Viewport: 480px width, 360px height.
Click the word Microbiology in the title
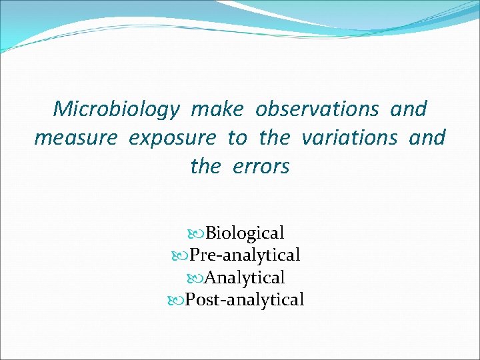[115, 109]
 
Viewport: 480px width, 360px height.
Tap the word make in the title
[217, 109]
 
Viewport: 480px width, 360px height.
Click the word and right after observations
[409, 109]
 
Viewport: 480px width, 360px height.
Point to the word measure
[75, 138]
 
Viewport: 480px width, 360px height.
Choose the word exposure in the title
[172, 139]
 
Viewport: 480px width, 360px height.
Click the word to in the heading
[237, 138]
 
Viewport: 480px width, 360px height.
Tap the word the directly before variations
[274, 137]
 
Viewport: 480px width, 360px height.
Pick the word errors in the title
[261, 167]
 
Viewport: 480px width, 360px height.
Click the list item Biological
[245, 233]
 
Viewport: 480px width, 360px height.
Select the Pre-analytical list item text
[245, 255]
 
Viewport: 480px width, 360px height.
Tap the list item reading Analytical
[245, 277]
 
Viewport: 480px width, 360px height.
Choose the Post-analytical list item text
[245, 300]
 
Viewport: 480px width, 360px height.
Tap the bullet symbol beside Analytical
[198, 277]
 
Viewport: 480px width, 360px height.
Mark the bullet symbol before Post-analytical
[178, 300]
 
